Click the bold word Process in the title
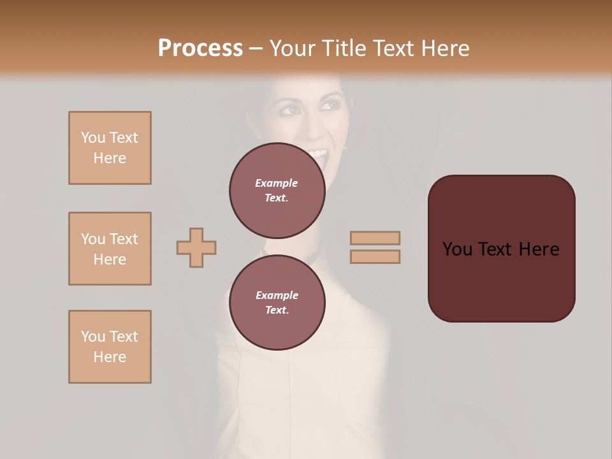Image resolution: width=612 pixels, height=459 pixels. click(x=200, y=48)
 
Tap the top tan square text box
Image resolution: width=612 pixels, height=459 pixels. click(x=110, y=148)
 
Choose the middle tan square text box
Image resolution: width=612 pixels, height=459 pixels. click(x=110, y=249)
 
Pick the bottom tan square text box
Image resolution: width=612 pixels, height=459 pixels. click(x=110, y=347)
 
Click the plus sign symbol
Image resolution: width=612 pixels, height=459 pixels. click(x=196, y=247)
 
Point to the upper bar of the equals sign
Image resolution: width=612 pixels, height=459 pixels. click(x=375, y=238)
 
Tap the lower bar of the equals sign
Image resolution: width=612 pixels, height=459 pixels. click(x=375, y=256)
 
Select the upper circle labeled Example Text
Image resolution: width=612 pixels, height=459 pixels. click(x=277, y=190)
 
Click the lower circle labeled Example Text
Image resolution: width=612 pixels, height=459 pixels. click(x=277, y=302)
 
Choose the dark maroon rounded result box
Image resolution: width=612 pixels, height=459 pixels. click(x=501, y=248)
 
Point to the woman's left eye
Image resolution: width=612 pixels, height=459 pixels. click(x=331, y=105)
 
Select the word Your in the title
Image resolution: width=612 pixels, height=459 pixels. click(x=291, y=48)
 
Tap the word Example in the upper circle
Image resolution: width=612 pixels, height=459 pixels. click(x=277, y=183)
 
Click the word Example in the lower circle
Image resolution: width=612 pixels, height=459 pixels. click(x=277, y=295)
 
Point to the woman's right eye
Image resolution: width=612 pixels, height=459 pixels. click(x=291, y=110)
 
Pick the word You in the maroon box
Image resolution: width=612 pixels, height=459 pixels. click(x=457, y=249)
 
